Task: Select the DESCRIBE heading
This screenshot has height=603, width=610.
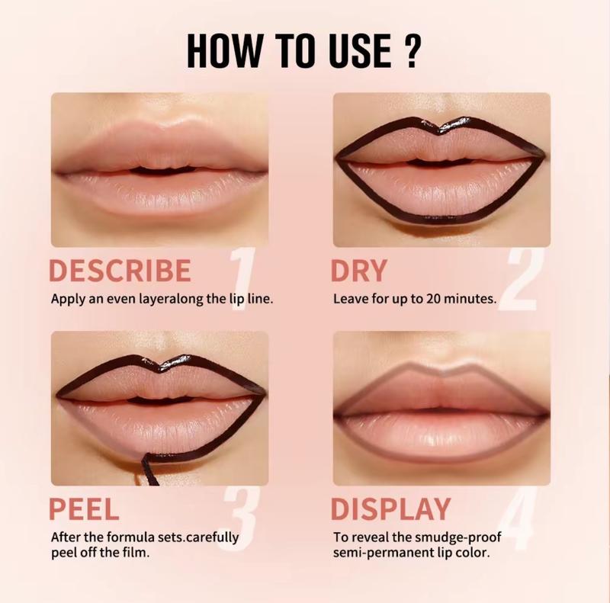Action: tap(120, 271)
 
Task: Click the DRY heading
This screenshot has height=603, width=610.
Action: tap(360, 271)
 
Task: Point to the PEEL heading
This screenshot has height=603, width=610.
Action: tap(85, 508)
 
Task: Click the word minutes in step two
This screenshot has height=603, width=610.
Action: tap(469, 298)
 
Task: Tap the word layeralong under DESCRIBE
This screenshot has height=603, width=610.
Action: tap(148, 298)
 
